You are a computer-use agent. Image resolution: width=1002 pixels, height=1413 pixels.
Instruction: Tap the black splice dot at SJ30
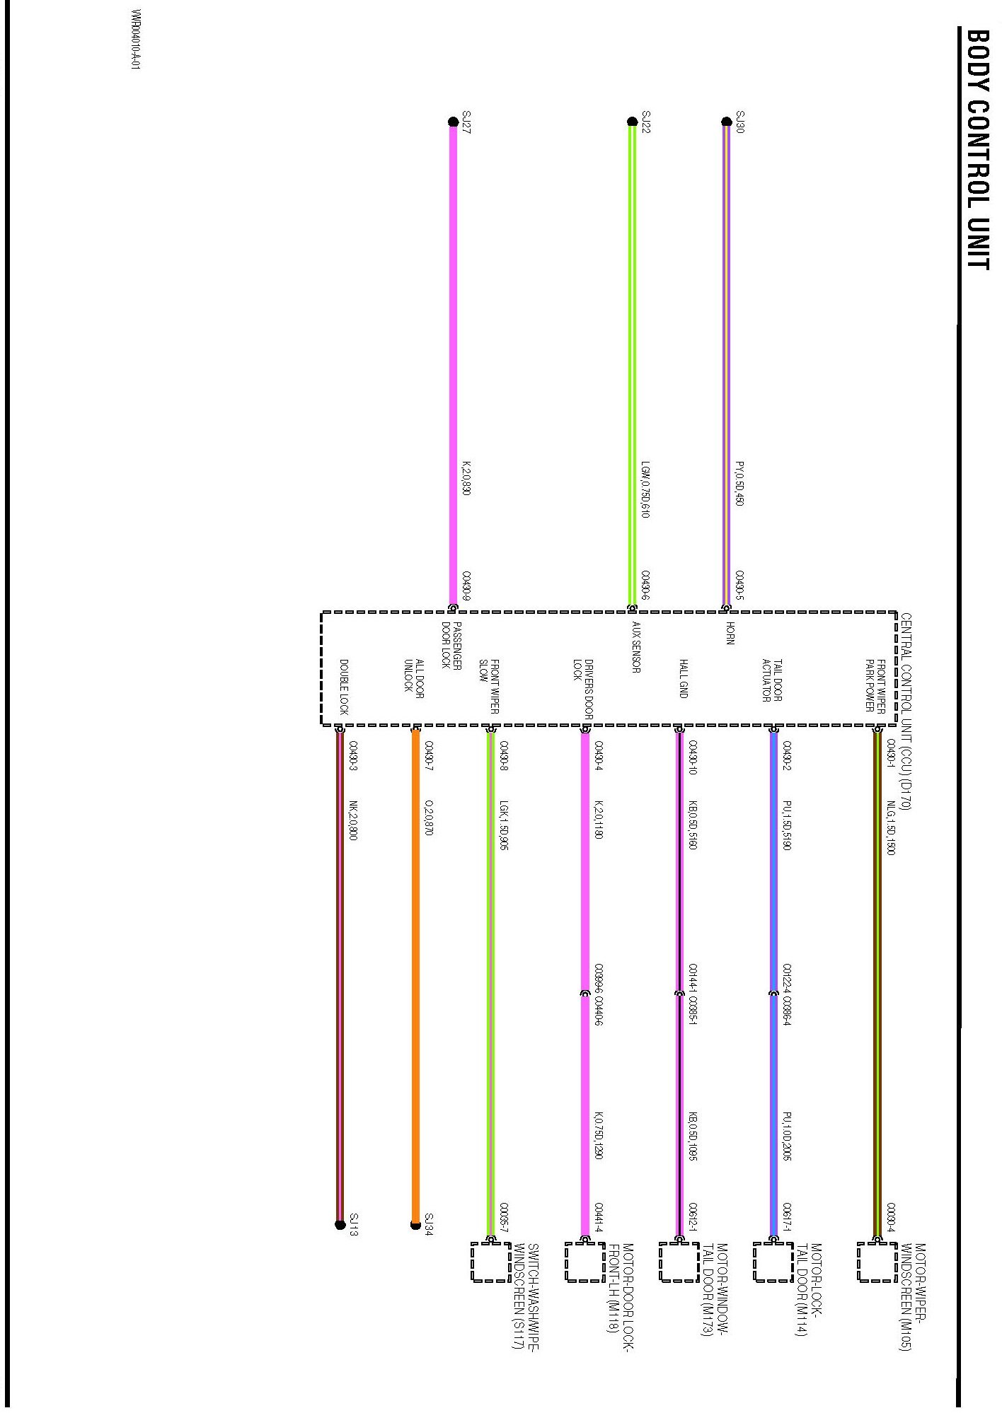tap(726, 122)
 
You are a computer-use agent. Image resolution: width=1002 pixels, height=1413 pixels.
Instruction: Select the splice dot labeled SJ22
tap(633, 122)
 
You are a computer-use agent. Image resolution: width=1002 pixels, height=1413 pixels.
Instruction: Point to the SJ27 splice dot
tap(453, 122)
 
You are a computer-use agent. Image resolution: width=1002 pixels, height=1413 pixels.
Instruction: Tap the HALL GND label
tap(684, 678)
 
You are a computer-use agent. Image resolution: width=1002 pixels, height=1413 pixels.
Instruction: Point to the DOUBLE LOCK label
tap(344, 687)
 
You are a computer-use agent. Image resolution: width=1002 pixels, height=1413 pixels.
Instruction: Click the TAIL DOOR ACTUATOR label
tap(772, 680)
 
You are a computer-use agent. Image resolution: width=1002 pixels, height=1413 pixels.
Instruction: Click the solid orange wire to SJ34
tap(415, 990)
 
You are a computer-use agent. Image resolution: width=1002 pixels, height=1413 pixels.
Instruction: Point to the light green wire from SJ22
tap(633, 354)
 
